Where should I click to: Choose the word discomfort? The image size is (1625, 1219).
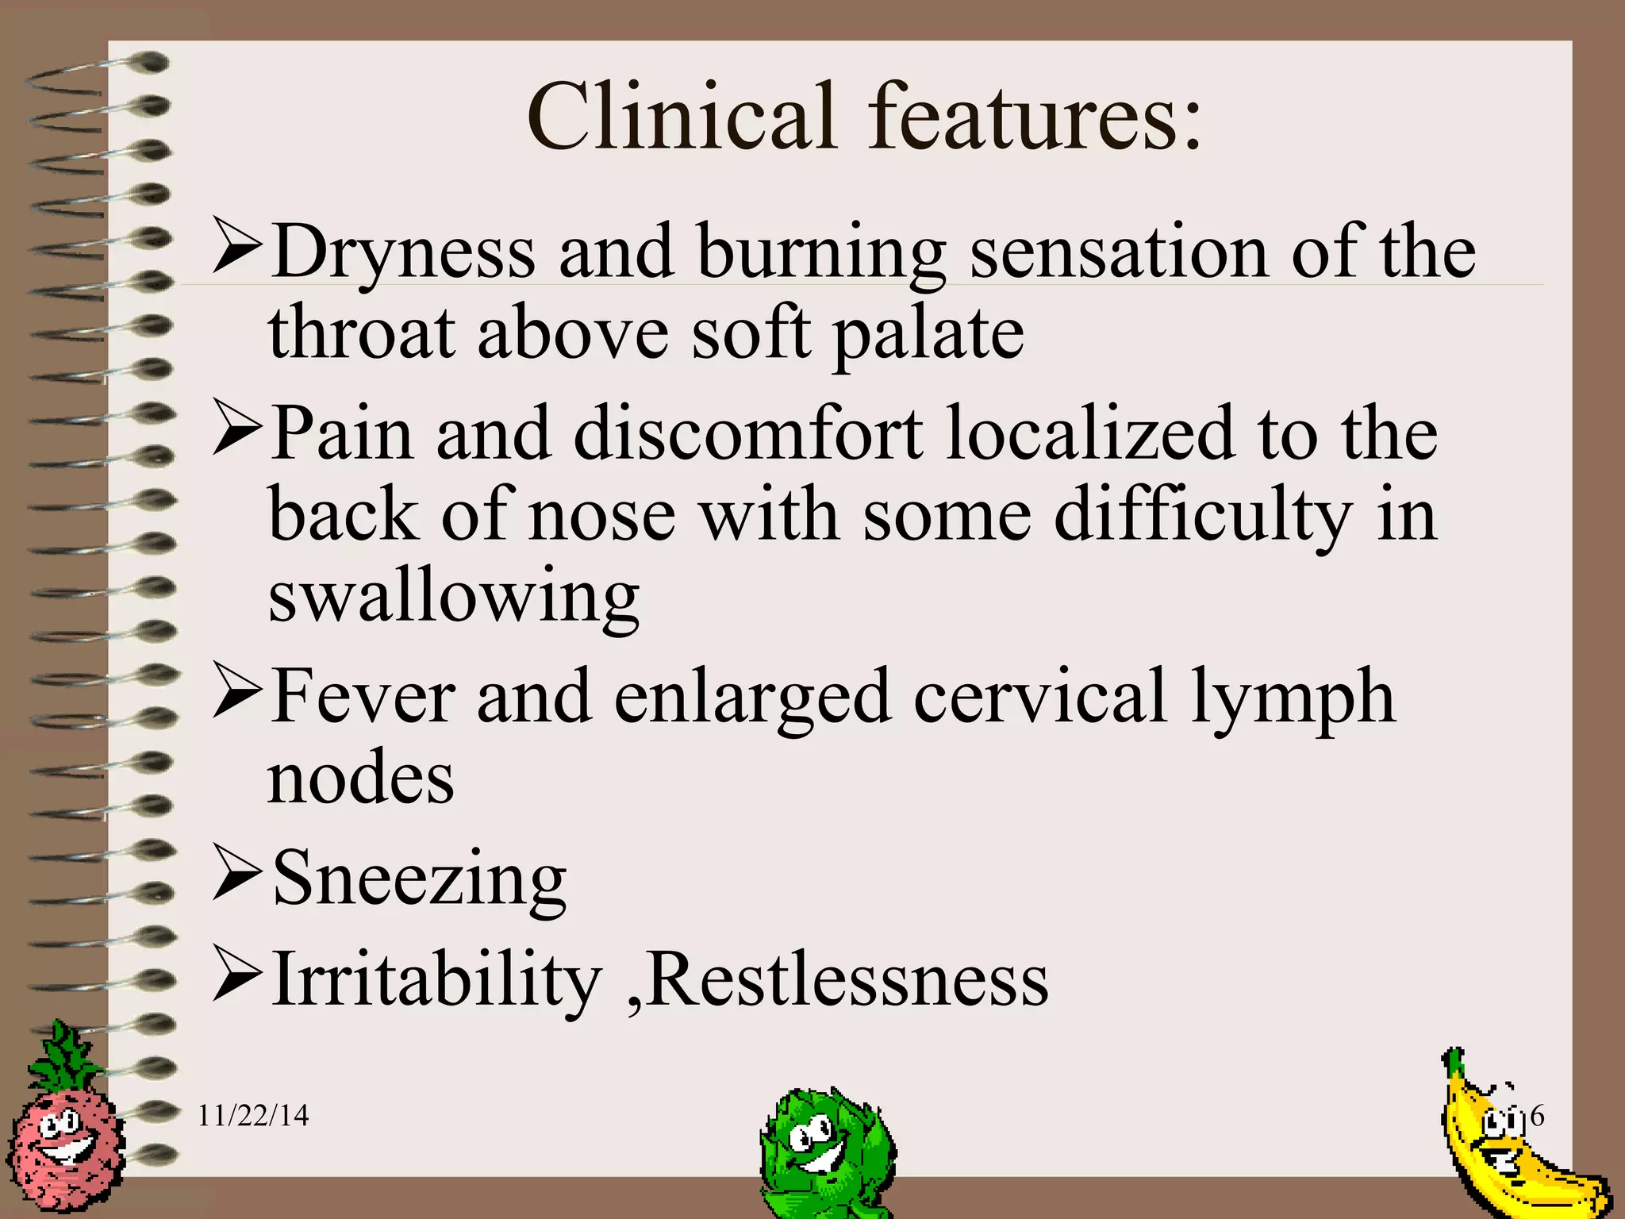[747, 434]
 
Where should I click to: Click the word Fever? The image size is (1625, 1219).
[363, 696]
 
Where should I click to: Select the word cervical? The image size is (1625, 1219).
[1040, 696]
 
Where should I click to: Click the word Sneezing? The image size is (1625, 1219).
[419, 879]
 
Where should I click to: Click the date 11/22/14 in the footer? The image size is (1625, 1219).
[252, 1116]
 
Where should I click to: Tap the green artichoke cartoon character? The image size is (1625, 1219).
[825, 1151]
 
